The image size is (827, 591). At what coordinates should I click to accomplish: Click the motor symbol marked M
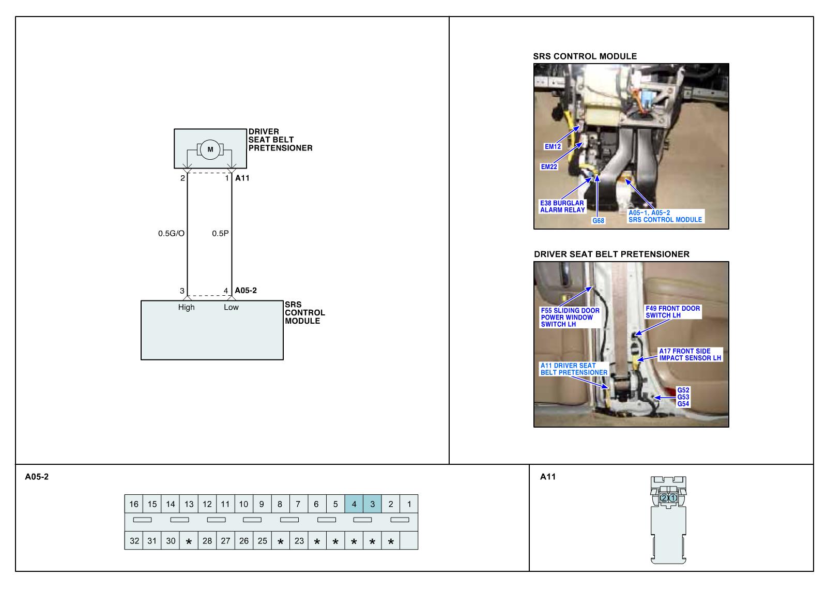210,149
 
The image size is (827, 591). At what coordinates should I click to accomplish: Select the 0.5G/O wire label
171,233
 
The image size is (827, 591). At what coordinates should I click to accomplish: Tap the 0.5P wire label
220,233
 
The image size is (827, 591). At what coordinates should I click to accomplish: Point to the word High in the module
187,307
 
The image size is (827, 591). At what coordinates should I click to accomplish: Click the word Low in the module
231,307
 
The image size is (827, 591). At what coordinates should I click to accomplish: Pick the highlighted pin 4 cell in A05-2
354,504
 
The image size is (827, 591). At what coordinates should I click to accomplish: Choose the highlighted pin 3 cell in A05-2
372,504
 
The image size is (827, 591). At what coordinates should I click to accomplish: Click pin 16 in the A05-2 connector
134,504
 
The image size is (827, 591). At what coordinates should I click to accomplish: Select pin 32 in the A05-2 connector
134,541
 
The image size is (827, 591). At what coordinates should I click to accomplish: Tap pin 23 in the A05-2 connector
299,541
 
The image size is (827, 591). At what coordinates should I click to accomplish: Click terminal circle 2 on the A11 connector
664,498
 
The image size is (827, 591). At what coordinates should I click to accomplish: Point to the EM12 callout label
553,146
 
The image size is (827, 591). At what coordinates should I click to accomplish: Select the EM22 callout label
549,166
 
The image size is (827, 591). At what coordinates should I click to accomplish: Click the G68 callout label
598,221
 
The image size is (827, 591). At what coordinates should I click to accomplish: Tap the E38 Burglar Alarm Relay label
562,206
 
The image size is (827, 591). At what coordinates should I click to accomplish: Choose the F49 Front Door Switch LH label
672,312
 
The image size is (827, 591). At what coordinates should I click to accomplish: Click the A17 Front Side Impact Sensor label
690,354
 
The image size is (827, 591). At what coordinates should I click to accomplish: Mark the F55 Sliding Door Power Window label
570,317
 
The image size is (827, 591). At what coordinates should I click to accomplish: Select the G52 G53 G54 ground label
683,397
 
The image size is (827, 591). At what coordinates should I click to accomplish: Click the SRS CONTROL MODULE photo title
585,56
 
